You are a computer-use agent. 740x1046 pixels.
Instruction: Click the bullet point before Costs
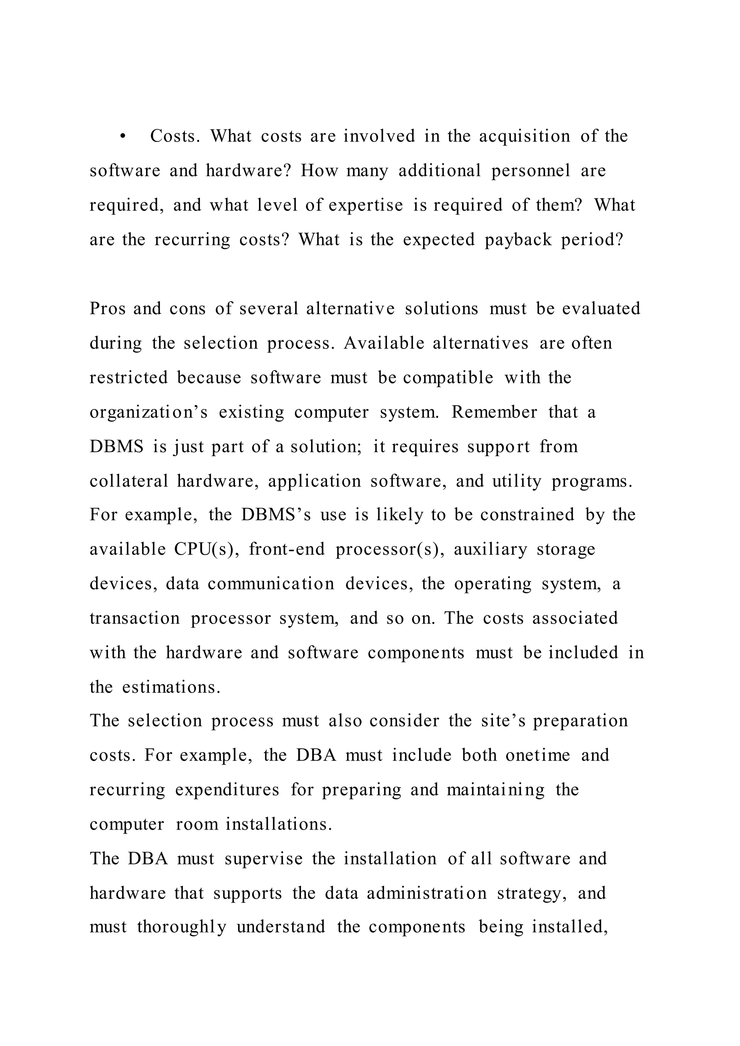pyautogui.click(x=122, y=137)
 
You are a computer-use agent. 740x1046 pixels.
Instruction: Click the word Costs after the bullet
pyautogui.click(x=175, y=136)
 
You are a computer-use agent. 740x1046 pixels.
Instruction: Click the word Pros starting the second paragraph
pyautogui.click(x=108, y=309)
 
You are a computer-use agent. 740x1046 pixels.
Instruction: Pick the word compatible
pyautogui.click(x=448, y=378)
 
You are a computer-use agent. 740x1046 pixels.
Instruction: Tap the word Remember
pyautogui.click(x=494, y=412)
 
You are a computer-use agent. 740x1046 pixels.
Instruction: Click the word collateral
pyautogui.click(x=129, y=481)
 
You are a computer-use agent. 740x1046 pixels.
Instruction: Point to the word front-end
pyautogui.click(x=287, y=549)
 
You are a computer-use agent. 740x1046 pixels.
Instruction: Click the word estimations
pyautogui.click(x=171, y=687)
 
